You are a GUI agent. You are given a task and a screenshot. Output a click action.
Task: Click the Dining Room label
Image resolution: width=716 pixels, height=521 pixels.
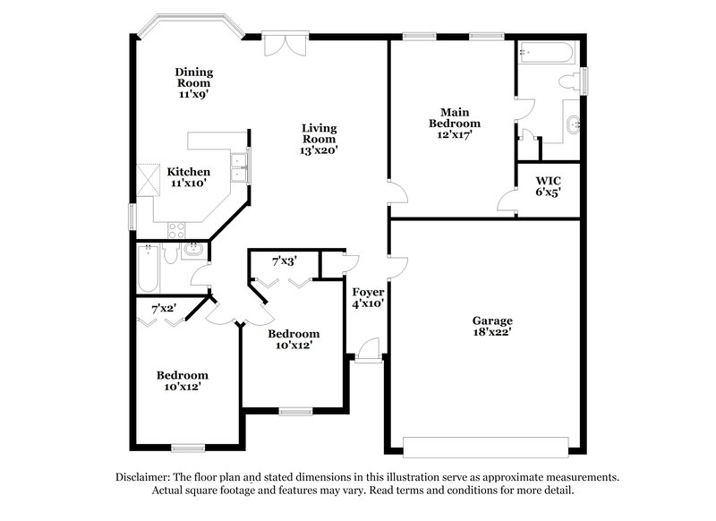[x=193, y=73]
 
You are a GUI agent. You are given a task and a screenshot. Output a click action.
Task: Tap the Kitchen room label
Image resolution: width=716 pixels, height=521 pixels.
[x=189, y=172]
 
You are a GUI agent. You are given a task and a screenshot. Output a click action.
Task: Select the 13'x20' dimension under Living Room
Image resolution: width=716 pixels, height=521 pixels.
[x=318, y=150]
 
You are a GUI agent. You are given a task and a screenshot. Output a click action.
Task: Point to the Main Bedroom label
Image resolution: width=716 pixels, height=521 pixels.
[x=455, y=117]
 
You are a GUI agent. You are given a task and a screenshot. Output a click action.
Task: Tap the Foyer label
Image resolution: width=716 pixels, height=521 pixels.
[x=368, y=292]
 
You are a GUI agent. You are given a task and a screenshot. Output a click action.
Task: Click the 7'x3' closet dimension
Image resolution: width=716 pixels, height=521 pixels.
[x=285, y=260]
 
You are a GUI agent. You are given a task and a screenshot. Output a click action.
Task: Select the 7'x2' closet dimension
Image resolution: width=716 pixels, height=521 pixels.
[x=163, y=309]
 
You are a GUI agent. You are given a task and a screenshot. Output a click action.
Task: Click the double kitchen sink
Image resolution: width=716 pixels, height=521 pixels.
[x=239, y=163]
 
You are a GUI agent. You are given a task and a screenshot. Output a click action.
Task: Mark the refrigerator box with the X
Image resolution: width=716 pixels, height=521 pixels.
[x=146, y=177]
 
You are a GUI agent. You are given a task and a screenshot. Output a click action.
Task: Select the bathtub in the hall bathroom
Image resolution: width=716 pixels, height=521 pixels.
[x=148, y=269]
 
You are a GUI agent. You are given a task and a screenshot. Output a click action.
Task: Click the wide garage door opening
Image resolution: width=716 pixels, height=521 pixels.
[x=485, y=445]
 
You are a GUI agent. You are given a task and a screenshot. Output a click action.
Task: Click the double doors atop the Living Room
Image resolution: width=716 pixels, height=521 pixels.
[x=286, y=43]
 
